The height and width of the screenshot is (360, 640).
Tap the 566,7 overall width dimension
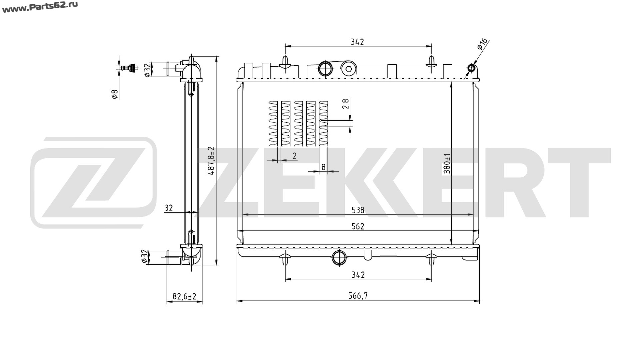click(358, 296)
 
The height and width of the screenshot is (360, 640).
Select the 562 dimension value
click(358, 226)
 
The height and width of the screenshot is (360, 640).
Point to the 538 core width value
click(358, 210)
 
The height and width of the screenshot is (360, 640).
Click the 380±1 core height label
click(447, 163)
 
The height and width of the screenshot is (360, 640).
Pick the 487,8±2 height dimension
click(211, 161)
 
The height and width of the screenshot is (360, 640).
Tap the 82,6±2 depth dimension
click(184, 296)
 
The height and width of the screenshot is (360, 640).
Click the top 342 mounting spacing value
click(357, 42)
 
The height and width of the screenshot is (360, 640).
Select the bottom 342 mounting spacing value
click(358, 275)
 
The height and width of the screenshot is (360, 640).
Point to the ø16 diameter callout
click(482, 44)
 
